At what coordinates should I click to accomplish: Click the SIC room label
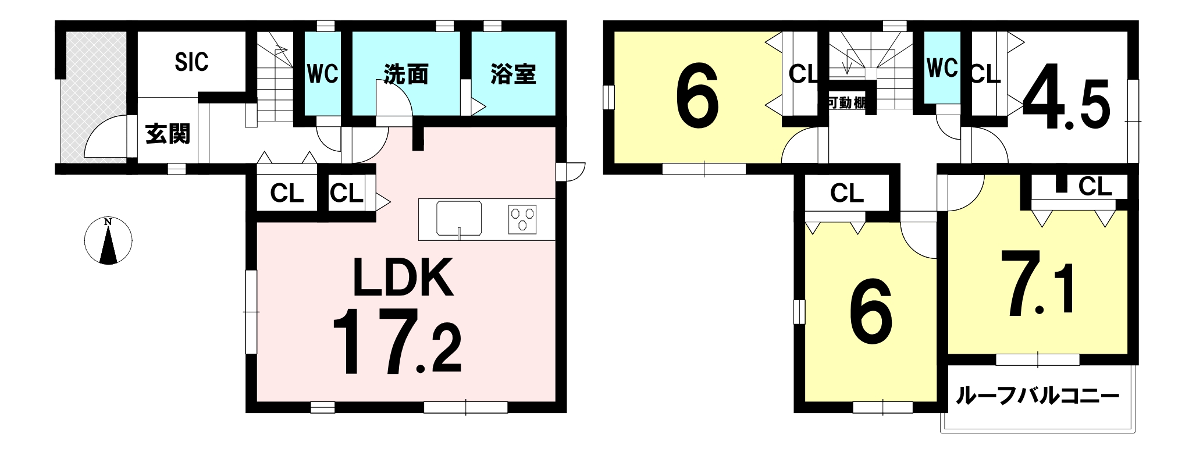coord(191,62)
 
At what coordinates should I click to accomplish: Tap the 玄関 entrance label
coord(168,134)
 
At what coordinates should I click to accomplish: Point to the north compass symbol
coord(108,240)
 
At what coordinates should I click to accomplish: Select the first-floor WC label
coord(322,74)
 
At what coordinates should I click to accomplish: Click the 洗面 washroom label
coord(405,74)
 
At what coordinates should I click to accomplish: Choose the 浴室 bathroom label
coord(513,74)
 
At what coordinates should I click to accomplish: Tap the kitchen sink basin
coord(459,219)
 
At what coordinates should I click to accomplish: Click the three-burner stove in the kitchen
coord(522,219)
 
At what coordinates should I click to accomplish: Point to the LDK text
coord(403,277)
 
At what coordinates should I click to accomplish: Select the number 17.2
coord(397,343)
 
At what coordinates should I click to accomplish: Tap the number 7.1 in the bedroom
coord(1037,284)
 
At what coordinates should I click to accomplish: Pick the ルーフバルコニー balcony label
coord(1037,397)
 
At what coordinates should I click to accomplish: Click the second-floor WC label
coord(942,68)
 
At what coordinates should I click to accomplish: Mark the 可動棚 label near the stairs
coord(847,103)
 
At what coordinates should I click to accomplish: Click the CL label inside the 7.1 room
coord(1095,187)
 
